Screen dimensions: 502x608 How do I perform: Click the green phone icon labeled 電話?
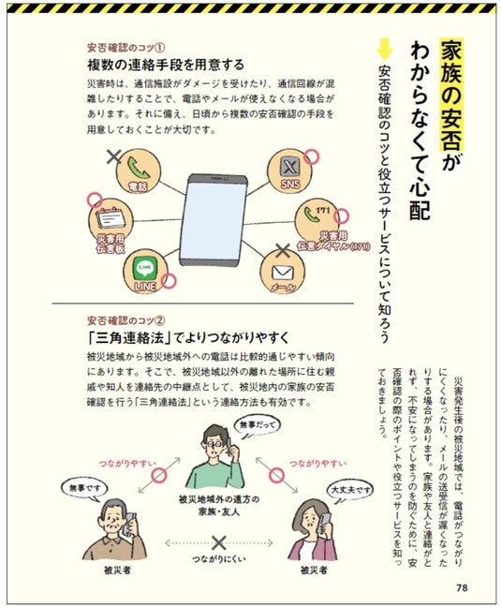coord(138,168)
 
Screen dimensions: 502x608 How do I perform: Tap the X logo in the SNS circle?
coord(290,167)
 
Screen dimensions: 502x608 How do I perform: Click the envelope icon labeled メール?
coord(282,273)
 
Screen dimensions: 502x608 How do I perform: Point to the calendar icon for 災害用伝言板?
coord(111,218)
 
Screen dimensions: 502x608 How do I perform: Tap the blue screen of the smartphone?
coord(213,220)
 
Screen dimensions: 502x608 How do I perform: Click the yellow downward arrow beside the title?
coord(385,49)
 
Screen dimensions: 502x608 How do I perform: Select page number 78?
coord(462,587)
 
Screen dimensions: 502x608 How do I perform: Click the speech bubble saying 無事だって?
coord(257,425)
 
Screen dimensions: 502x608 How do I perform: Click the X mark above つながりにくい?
coord(218,542)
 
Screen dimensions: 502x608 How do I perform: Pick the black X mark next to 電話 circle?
coord(114,156)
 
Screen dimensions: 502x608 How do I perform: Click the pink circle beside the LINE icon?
coord(169,281)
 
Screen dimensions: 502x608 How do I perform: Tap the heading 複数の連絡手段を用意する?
coord(166,65)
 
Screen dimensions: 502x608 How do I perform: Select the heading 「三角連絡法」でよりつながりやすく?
coord(187,337)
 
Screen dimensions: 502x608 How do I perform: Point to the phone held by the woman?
coord(324,522)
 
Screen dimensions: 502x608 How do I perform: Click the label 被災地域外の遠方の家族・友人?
coord(219,506)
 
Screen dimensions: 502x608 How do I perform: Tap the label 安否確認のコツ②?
coord(126,321)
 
